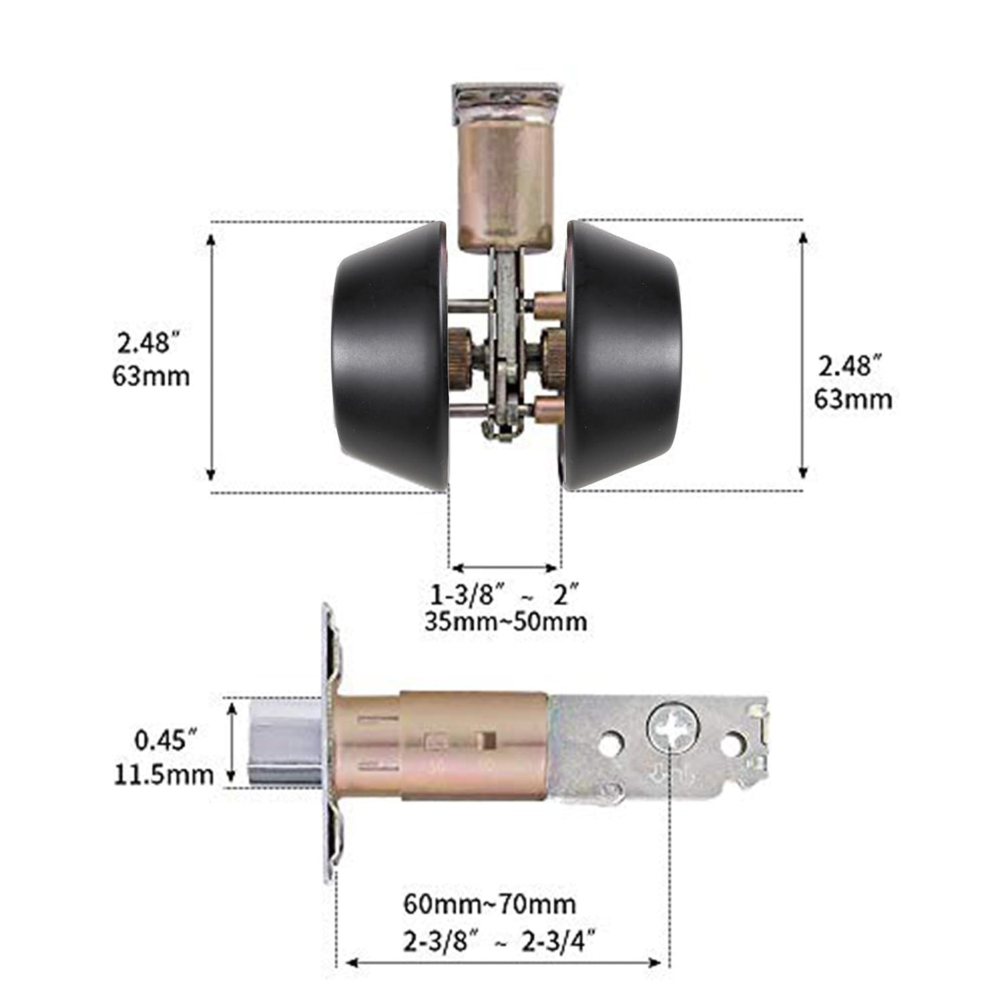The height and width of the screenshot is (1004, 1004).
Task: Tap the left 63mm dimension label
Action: tap(151, 376)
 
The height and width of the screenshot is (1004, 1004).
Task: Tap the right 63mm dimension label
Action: tap(853, 400)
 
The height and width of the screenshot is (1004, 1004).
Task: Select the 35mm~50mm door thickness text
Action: tap(506, 620)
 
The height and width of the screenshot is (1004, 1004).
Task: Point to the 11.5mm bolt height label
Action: tap(164, 774)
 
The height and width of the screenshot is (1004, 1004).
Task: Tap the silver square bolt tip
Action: tap(284, 743)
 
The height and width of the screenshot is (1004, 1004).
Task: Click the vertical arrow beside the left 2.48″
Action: tap(211, 356)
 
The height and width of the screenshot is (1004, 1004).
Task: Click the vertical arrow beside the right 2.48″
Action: tap(803, 356)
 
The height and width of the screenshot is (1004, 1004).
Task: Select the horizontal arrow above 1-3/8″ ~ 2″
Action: tap(505, 567)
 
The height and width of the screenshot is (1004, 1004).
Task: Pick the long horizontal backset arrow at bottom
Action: tap(503, 962)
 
